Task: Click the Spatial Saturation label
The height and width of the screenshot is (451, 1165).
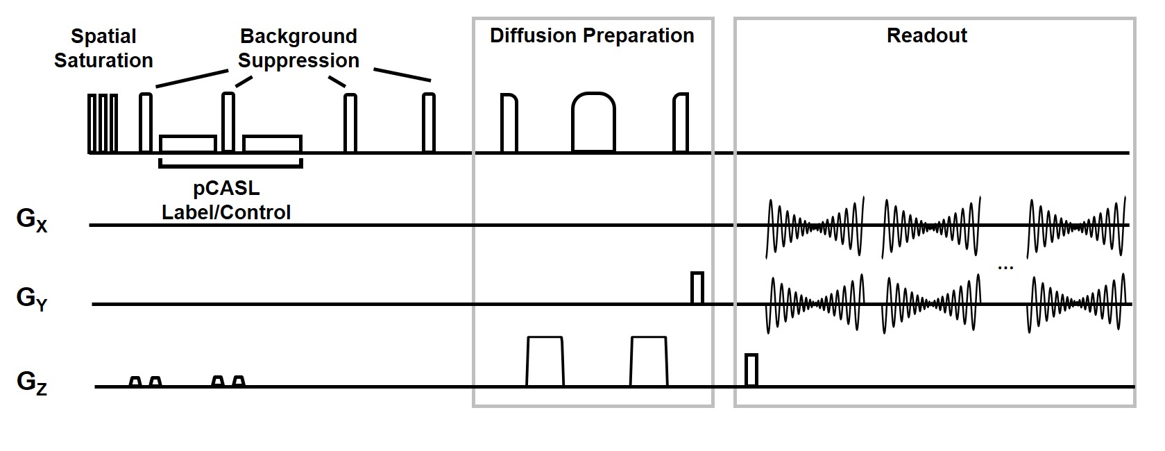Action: click(x=103, y=49)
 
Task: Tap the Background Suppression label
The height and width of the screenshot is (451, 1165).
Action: click(x=298, y=49)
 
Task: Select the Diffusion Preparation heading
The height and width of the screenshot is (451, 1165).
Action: click(x=592, y=36)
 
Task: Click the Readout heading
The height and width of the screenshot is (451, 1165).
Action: click(x=926, y=36)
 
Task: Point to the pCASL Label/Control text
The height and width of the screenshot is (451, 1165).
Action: click(x=226, y=201)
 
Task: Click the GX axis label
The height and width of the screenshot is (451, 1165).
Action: click(x=32, y=220)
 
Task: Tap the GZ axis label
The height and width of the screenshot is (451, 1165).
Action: click(x=32, y=382)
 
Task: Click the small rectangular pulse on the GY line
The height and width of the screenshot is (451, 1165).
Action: click(x=697, y=288)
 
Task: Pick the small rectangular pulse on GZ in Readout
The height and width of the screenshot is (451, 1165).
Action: click(x=751, y=370)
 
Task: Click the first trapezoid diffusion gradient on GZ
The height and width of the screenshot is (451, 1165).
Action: click(x=545, y=361)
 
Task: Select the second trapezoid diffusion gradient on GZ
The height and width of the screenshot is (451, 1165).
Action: click(x=649, y=361)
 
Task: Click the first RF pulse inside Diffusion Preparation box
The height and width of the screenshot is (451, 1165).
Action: click(x=509, y=123)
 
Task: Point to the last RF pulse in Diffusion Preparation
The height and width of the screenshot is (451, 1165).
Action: click(x=681, y=123)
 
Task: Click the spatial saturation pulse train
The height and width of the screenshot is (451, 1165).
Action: click(x=103, y=123)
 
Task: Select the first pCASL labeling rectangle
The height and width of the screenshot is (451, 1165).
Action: click(x=188, y=144)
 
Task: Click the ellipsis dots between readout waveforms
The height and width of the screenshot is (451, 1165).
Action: click(x=1005, y=267)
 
